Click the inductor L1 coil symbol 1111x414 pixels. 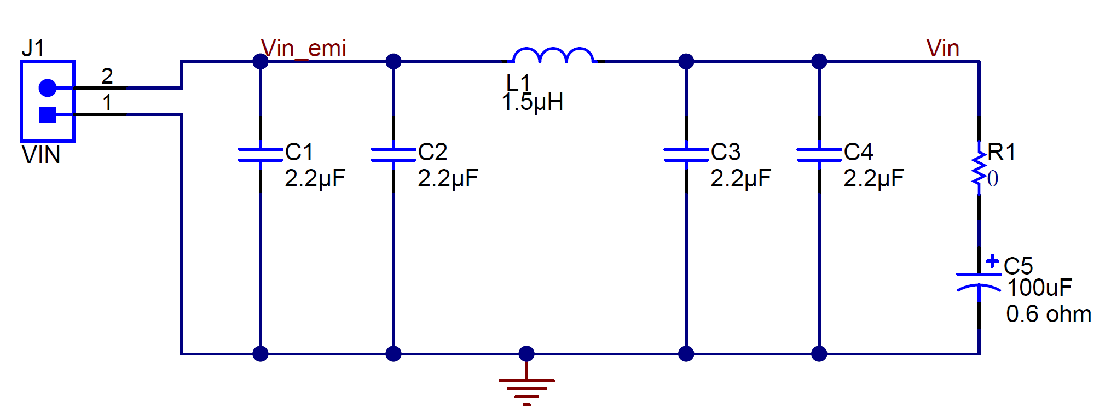pos(553,56)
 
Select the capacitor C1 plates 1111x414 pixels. pos(261,154)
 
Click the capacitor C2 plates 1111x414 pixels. pos(394,154)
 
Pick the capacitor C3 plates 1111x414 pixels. pos(686,154)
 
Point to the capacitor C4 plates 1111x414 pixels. pos(819,154)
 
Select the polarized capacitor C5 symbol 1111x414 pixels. pos(979,281)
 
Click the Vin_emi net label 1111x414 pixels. pos(303,48)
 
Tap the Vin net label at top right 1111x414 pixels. pos(942,48)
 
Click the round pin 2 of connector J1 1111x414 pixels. pos(48,88)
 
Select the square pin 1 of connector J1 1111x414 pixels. pos(48,114)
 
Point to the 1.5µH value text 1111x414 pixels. pos(533,102)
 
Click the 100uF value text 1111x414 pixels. pos(1039,288)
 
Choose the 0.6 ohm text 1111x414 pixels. pos(1048,314)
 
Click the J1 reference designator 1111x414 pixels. pos(33,48)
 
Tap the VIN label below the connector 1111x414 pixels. pos(41,155)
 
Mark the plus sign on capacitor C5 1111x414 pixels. pos(992,261)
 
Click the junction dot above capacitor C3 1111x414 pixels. pos(686,61)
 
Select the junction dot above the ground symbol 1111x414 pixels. pos(526,354)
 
